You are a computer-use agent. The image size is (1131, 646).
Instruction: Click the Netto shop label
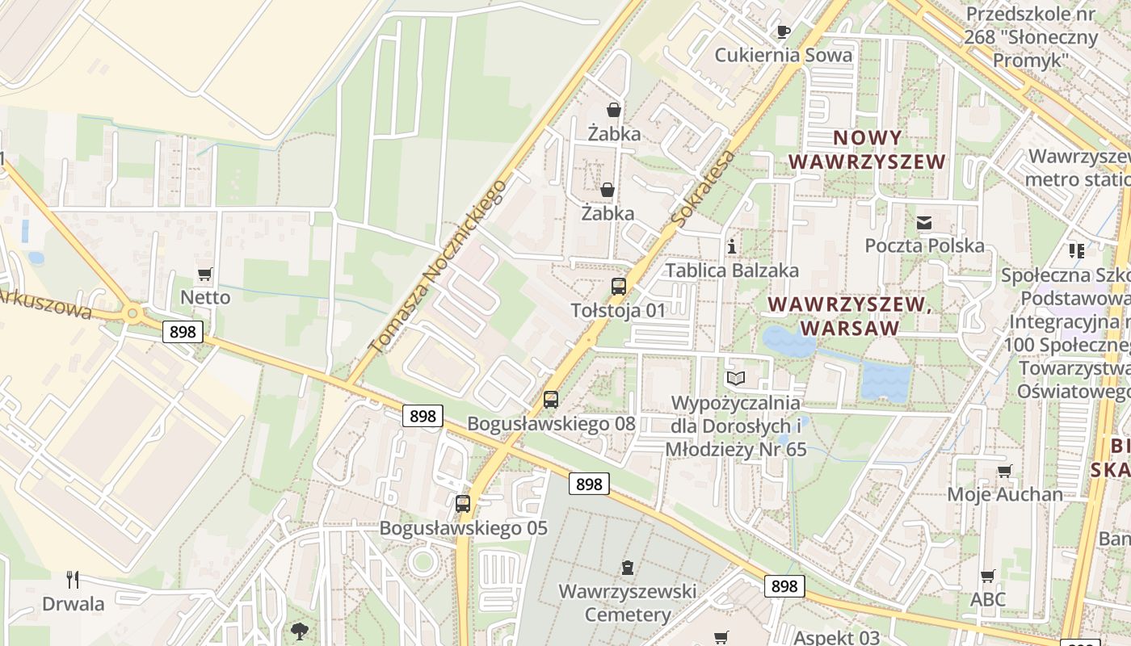pos(205,297)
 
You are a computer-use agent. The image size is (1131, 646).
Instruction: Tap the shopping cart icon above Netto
pos(205,275)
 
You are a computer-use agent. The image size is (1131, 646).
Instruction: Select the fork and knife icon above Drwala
pos(73,579)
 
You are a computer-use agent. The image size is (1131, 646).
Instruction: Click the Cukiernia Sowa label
pos(784,55)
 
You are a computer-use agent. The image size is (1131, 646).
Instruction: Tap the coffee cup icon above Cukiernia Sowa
pos(783,31)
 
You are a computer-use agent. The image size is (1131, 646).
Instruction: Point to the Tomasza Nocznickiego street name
pos(438,266)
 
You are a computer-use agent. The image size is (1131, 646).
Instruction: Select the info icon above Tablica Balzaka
pos(732,246)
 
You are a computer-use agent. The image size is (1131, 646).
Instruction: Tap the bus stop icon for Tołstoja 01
pos(619,287)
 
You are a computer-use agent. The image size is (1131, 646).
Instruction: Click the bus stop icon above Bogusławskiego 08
pos(551,399)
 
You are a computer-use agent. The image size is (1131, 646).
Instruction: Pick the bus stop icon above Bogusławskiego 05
pos(463,504)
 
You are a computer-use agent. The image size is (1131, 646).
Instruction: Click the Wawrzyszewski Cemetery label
pos(628,603)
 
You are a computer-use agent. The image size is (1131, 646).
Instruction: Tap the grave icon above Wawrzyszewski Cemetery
pos(628,568)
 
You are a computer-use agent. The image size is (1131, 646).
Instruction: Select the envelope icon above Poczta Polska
pos(924,222)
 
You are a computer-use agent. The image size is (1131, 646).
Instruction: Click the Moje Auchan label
pos(1005,494)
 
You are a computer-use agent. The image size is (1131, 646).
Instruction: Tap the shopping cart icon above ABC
pos(987,576)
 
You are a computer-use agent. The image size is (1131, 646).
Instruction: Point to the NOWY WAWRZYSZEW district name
pos(867,149)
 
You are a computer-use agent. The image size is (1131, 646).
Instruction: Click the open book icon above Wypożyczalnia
pos(735,378)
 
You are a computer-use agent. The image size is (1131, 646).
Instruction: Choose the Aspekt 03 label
pos(836,637)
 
